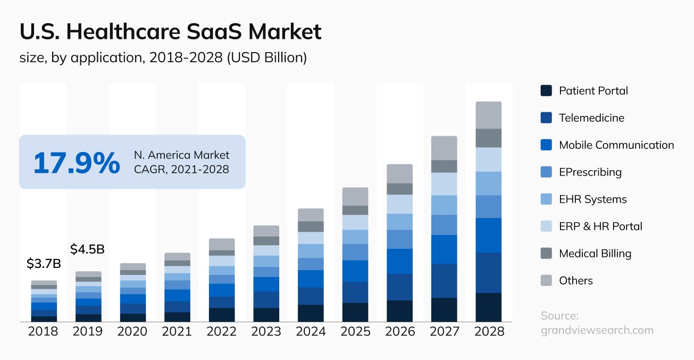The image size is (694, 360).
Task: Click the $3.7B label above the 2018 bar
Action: (x=44, y=263)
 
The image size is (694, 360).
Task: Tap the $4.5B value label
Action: (x=87, y=249)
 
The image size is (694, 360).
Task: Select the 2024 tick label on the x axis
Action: (x=311, y=331)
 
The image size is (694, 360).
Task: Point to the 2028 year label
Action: (x=488, y=331)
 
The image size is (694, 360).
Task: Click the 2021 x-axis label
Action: (x=177, y=331)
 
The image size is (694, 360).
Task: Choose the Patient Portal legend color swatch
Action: (x=546, y=90)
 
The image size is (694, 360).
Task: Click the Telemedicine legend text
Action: (x=591, y=118)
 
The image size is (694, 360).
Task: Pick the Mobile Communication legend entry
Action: (x=616, y=145)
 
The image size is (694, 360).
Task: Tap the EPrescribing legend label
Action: (x=590, y=172)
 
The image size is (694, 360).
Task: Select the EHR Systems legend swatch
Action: (x=546, y=199)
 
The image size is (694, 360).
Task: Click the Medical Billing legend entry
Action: (x=595, y=253)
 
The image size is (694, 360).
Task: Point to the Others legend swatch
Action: (x=546, y=280)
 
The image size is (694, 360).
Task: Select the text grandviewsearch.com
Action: (x=597, y=330)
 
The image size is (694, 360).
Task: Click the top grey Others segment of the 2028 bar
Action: (x=488, y=115)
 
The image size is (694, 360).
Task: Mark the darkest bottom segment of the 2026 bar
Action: (x=399, y=311)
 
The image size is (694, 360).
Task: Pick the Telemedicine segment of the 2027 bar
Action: (x=444, y=281)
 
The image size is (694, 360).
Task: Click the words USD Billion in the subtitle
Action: (x=266, y=57)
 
